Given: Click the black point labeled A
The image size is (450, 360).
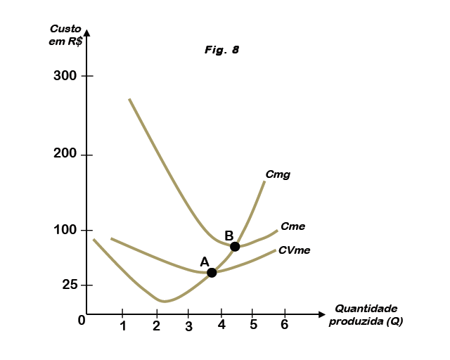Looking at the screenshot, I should (x=212, y=272).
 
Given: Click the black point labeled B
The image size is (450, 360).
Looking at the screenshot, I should (x=235, y=246).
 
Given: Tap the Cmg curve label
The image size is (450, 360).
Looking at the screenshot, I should (x=278, y=174).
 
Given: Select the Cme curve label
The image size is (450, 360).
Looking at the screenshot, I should (x=292, y=226).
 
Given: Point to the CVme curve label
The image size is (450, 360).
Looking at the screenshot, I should (x=295, y=250).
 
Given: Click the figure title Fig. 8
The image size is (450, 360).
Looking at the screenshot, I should (x=222, y=50).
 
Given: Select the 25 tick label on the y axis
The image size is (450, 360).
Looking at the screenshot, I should (x=68, y=285).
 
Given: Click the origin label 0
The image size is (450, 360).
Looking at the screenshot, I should (x=82, y=321).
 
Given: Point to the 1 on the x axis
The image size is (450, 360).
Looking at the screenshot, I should (x=123, y=326).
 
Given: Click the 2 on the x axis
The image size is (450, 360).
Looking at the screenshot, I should (x=156, y=326).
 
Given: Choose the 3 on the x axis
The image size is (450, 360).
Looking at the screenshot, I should (x=188, y=326).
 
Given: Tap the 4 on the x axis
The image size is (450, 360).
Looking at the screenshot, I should (x=221, y=326).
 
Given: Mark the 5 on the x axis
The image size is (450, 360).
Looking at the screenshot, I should (x=254, y=326).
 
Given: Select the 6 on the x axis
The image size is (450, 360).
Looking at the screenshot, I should (x=285, y=326).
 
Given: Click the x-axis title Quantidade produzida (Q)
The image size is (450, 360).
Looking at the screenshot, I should (x=366, y=314).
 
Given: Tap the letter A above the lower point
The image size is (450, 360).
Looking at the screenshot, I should (x=205, y=262).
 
